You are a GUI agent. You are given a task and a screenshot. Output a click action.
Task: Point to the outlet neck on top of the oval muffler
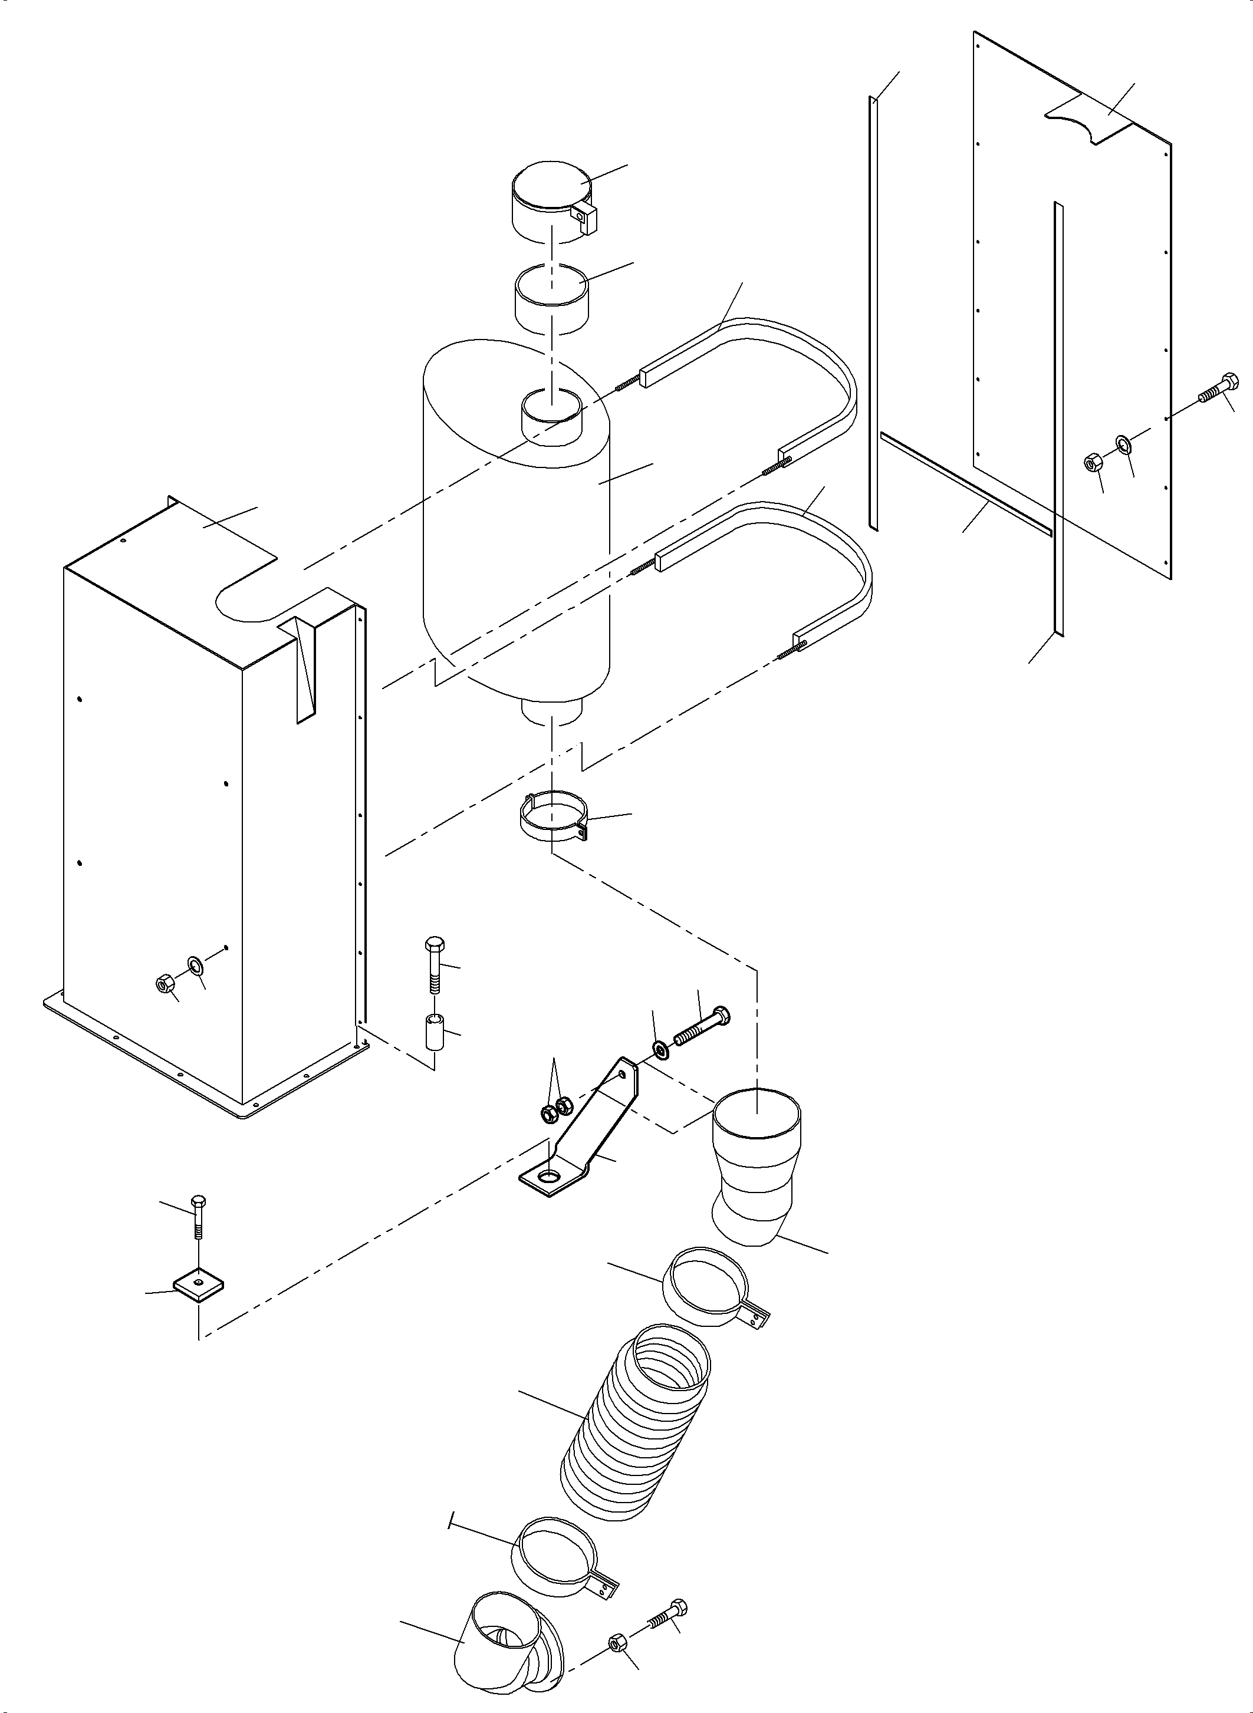[553, 421]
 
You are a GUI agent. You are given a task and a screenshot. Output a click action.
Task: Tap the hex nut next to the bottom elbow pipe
[616, 1639]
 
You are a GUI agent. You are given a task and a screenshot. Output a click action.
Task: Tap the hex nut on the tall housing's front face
[162, 985]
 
